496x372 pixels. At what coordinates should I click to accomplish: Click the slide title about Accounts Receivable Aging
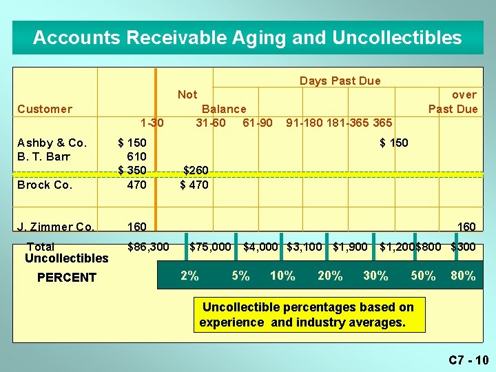pos(247,37)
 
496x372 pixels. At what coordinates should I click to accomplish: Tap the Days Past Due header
pos(340,81)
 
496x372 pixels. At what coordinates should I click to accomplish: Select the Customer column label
pos(45,109)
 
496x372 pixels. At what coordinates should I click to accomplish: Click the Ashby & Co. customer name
pos(52,143)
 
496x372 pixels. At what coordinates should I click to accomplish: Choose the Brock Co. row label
pos(45,185)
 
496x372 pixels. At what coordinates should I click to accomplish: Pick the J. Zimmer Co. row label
pos(56,226)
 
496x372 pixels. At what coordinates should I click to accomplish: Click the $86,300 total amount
pos(148,246)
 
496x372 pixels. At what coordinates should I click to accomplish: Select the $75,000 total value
pos(210,246)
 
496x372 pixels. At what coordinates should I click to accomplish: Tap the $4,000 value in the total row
pos(260,246)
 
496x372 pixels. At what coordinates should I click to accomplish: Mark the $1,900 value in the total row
pos(350,246)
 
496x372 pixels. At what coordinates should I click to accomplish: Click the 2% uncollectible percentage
pos(189,276)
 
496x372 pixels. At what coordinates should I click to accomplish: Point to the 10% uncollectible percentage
pos(282,276)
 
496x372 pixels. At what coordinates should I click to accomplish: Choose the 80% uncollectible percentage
pos(463,276)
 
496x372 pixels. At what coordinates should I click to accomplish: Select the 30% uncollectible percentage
pos(375,276)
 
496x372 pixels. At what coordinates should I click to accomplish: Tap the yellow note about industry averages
pos(308,315)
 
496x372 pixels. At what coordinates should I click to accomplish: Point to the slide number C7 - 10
pos(468,360)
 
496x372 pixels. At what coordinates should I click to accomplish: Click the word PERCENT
pos(66,277)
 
